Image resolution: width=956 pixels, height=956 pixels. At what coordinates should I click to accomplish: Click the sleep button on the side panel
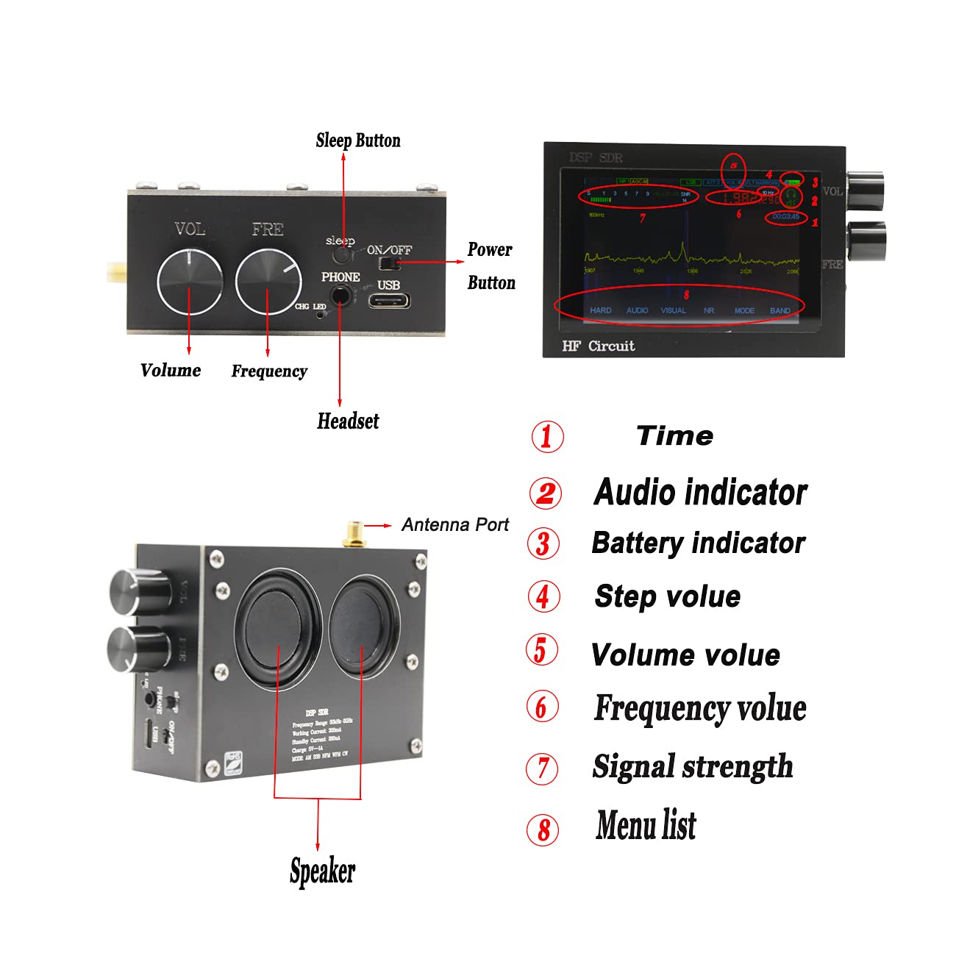(340, 254)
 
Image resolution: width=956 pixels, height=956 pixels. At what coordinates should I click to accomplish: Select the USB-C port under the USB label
(389, 300)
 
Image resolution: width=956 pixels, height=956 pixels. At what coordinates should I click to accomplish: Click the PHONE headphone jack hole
(340, 295)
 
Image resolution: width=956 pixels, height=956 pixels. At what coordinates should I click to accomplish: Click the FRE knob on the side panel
(268, 282)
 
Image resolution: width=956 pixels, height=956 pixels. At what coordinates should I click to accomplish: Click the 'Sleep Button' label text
(358, 140)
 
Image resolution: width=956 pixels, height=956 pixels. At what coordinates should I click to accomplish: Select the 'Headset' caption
(348, 421)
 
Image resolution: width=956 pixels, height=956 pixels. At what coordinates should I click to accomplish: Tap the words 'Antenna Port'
(455, 525)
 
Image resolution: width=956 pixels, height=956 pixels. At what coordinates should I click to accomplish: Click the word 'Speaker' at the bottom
(322, 871)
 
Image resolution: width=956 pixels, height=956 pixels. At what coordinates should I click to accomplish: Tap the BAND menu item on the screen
(780, 310)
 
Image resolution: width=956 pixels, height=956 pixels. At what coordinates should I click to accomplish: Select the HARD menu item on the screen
(600, 310)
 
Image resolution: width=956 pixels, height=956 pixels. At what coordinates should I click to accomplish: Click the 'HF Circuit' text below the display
(598, 346)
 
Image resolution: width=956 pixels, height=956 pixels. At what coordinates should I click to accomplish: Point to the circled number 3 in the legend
(543, 544)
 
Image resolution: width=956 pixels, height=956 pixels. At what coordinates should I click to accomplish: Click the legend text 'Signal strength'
(693, 766)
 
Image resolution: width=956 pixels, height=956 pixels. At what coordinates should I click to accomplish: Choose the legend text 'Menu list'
(646, 825)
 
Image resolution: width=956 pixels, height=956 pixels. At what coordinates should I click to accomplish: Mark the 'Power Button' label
(491, 265)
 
